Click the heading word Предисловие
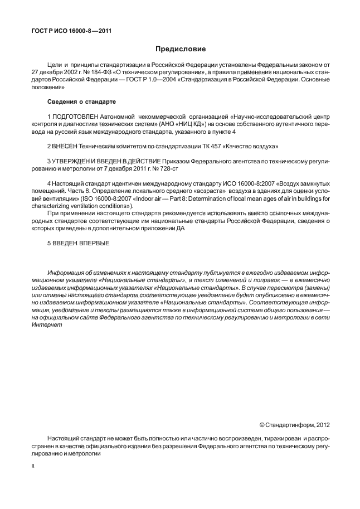click(179, 50)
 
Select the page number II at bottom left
click(32, 463)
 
